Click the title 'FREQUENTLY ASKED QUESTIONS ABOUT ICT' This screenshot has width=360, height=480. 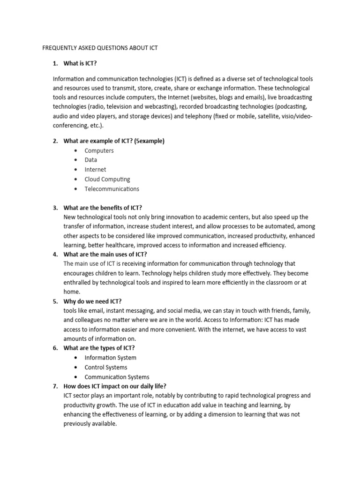pyautogui.click(x=100, y=48)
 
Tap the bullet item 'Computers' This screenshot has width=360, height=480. pyautogui.click(x=99, y=150)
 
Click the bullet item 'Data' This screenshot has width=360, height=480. pyautogui.click(x=90, y=160)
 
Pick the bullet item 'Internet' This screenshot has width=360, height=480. pyautogui.click(x=95, y=170)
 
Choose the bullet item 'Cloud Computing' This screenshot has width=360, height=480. pyautogui.click(x=107, y=179)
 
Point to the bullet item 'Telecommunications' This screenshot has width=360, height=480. pyautogui.click(x=112, y=189)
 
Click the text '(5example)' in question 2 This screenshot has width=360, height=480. pyautogui.click(x=149, y=141)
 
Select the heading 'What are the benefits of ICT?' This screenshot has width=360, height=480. pyautogui.click(x=103, y=208)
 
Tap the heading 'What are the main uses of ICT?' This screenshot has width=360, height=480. pyautogui.click(x=105, y=255)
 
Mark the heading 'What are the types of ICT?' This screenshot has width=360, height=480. pyautogui.click(x=99, y=348)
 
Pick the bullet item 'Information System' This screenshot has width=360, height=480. pyautogui.click(x=110, y=358)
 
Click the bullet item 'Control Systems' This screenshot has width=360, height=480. pyautogui.click(x=105, y=367)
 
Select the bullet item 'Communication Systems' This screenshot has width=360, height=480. pyautogui.click(x=117, y=377)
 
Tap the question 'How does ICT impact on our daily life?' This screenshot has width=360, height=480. pyautogui.click(x=116, y=386)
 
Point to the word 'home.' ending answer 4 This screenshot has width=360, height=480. pyautogui.click(x=72, y=292)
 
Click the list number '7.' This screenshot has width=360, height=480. pyautogui.click(x=55, y=386)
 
